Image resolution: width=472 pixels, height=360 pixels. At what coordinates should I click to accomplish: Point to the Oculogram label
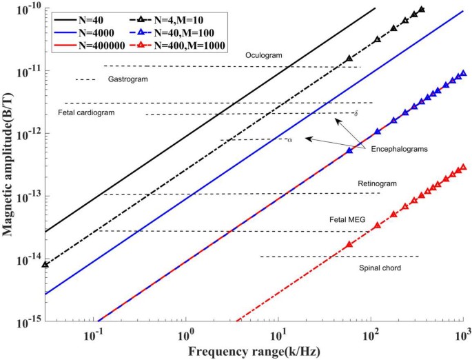pos(264,55)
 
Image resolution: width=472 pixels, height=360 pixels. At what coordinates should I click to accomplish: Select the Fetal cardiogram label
pos(86,112)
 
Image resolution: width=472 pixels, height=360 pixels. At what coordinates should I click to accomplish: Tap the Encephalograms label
pos(400,148)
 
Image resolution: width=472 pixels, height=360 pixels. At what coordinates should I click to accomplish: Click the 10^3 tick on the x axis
pos(464,335)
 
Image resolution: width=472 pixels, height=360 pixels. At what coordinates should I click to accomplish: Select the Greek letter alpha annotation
pos(290,140)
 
